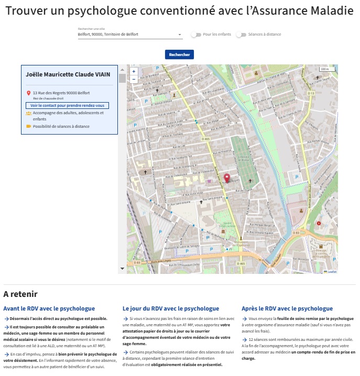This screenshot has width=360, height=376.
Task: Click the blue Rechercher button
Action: point(179,54)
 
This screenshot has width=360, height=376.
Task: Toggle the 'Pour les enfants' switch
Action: point(196,35)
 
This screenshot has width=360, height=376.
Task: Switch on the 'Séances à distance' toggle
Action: point(241,35)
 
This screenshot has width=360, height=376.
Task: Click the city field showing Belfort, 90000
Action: point(126,35)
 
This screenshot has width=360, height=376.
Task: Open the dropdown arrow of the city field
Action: point(180,35)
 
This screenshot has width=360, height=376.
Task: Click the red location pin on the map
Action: point(227,178)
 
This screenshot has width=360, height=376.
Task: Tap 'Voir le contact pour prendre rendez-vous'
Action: point(67,105)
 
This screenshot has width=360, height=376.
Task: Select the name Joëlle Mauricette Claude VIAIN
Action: point(68,75)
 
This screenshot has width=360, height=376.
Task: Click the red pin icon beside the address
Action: point(28,93)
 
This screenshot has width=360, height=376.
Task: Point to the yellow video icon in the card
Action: point(28,126)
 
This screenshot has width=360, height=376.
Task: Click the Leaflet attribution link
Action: point(332,271)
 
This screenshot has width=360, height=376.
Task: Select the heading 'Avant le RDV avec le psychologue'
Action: point(49,308)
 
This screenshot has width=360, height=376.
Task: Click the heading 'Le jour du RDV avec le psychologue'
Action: point(171,308)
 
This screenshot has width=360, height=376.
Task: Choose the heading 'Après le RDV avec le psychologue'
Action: point(287,308)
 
